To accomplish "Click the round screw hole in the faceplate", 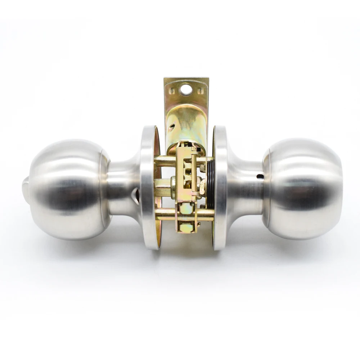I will pyautogui.click(x=186, y=89).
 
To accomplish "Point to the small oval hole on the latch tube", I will pyautogui.click(x=172, y=126).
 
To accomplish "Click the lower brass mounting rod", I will pyautogui.click(x=166, y=215).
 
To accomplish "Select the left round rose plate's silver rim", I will pyautogui.click(x=148, y=187).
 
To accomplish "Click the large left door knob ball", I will pyautogui.click(x=67, y=189).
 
